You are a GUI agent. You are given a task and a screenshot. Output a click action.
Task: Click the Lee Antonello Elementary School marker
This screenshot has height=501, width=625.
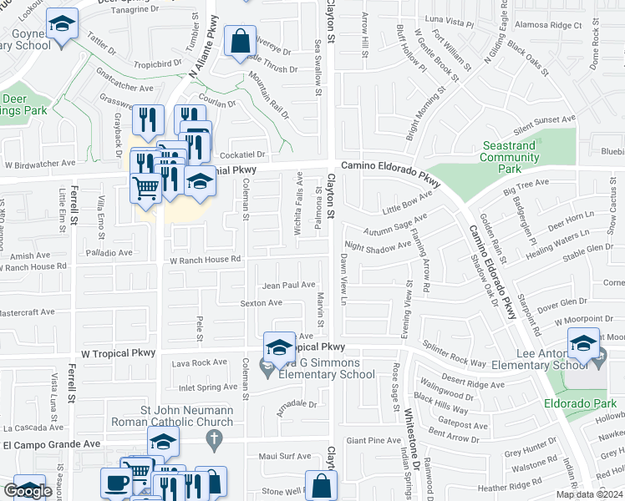[583, 343]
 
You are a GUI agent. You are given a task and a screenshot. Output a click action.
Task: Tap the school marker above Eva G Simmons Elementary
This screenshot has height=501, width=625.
[279, 347]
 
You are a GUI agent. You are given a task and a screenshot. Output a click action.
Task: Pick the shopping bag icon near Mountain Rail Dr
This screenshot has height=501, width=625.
[240, 42]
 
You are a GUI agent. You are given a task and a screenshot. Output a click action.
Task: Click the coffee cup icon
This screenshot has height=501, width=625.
[116, 483]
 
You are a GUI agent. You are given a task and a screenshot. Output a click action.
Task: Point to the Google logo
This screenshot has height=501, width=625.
[28, 491]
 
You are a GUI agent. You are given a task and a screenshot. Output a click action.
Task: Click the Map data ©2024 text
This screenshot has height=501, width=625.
[588, 494]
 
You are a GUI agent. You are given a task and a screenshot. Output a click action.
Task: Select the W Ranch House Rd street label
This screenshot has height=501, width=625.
[206, 260]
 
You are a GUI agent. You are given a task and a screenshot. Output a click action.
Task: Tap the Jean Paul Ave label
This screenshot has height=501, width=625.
[288, 285]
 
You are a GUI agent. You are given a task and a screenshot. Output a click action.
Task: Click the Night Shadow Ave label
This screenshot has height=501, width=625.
[378, 246]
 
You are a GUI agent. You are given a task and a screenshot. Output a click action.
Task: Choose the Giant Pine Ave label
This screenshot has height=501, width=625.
[373, 440]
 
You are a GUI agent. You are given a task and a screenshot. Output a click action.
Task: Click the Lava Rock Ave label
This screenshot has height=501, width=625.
[199, 362]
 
